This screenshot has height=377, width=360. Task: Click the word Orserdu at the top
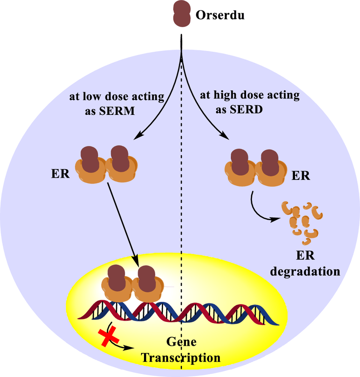[220, 16]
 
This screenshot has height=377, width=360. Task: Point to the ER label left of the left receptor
[59, 174]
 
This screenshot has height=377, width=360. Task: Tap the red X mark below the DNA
[108, 338]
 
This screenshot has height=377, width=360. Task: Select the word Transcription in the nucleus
[181, 357]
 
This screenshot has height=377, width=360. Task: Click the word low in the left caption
[89, 97]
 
